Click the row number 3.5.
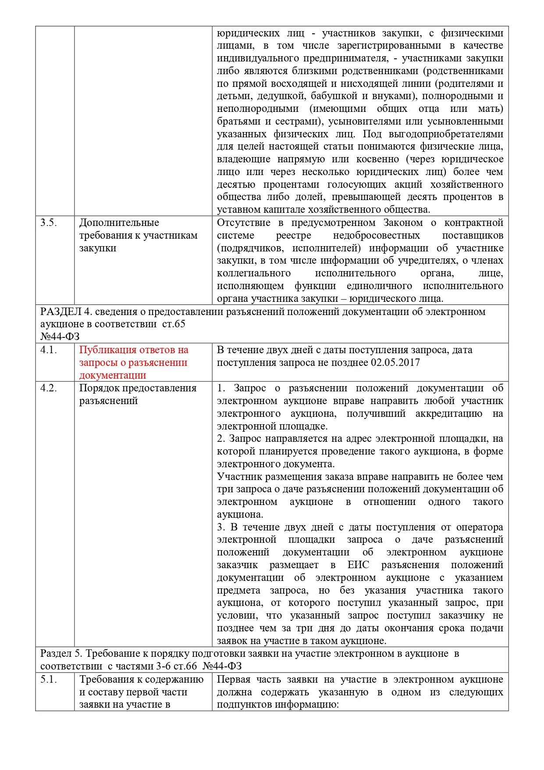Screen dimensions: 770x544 pyautogui.click(x=49, y=222)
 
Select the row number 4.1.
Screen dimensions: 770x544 pyautogui.click(x=49, y=350)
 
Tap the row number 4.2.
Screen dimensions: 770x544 pyautogui.click(x=49, y=388)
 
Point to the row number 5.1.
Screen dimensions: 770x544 pyautogui.click(x=49, y=679)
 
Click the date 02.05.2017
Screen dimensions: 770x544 pyautogui.click(x=395, y=362)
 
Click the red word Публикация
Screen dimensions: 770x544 pyautogui.click(x=106, y=350)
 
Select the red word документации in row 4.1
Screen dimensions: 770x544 pyautogui.click(x=112, y=375)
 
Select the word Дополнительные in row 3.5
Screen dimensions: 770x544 pyautogui.click(x=119, y=222)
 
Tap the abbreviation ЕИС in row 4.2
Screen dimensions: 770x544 pyautogui.click(x=358, y=565)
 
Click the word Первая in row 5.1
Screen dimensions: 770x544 pyautogui.click(x=234, y=679)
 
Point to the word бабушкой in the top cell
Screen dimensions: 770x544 pyautogui.click(x=334, y=96)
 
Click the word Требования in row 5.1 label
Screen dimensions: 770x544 pyautogui.click(x=104, y=679)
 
